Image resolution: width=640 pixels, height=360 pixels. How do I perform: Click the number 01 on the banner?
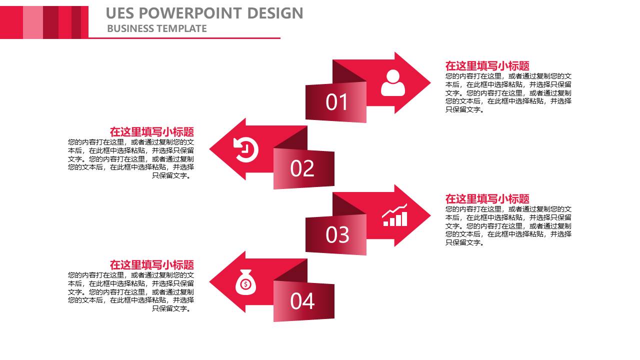[336, 102]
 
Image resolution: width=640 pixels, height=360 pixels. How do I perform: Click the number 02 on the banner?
[302, 168]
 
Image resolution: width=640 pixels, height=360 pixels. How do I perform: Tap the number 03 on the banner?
[337, 235]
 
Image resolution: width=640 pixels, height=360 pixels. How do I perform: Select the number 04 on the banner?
[302, 301]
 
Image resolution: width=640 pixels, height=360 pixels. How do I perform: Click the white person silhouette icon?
[393, 83]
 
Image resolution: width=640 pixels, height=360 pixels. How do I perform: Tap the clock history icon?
[245, 149]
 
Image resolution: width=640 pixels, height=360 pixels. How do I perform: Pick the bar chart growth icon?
[395, 215]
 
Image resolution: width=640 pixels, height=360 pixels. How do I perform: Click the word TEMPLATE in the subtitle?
[181, 28]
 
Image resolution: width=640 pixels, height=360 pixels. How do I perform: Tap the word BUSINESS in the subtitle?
[130, 28]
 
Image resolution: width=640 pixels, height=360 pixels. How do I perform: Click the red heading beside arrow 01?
[487, 65]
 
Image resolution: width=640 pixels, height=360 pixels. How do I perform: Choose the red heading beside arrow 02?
[151, 132]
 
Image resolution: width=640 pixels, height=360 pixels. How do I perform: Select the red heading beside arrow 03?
[487, 198]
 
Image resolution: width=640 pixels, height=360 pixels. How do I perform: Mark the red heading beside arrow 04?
[151, 265]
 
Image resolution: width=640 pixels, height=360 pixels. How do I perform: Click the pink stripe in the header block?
[33, 22]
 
